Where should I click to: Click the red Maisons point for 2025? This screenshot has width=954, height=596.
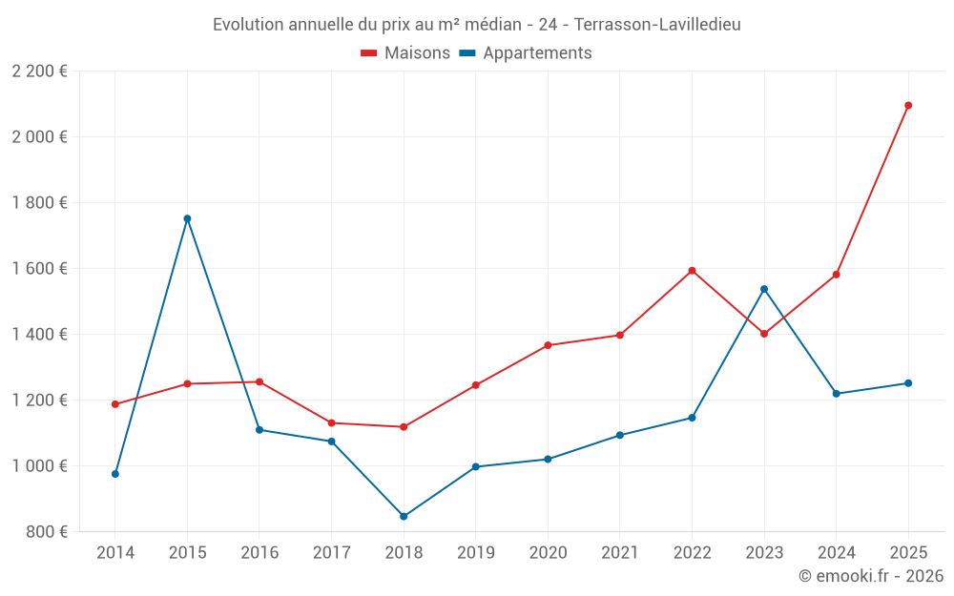pos(908,106)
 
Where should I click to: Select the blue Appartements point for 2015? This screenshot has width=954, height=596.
pos(187,218)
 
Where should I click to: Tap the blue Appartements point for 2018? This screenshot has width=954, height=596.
pos(404,517)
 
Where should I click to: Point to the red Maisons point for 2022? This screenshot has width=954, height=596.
pos(692,271)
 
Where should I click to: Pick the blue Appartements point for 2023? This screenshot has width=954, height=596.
pos(764,289)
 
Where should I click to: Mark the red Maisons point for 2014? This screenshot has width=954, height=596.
pos(115,404)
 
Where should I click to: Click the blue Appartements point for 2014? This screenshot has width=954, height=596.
pos(115,474)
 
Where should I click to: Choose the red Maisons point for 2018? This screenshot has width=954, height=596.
pos(404,427)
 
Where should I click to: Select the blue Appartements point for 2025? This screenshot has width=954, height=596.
pos(908,383)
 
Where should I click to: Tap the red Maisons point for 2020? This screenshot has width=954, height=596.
pos(548,345)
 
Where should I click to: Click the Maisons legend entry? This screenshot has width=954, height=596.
pos(405,53)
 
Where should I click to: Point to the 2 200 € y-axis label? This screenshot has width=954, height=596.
pos(40,72)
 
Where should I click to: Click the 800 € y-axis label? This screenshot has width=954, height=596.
pos(48,532)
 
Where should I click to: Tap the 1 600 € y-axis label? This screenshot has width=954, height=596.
pos(40,269)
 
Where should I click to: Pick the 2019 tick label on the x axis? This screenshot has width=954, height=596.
pos(475,553)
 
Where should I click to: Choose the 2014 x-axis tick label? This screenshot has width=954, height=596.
pos(115,553)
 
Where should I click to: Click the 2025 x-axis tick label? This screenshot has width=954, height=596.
pos(908,553)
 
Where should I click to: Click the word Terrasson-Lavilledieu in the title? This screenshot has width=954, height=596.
pos(657,25)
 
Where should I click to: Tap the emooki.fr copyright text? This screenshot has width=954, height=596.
pos(871,576)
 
